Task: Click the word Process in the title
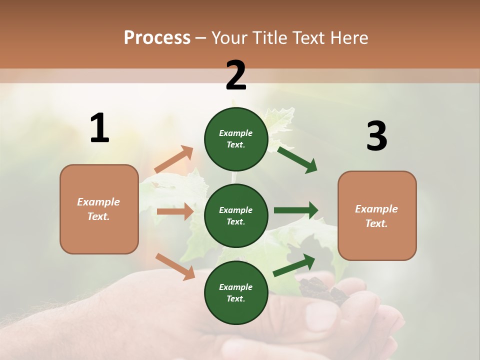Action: click(157, 38)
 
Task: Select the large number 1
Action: click(99, 128)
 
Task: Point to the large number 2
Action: click(236, 75)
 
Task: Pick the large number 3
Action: click(376, 136)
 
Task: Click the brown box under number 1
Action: click(99, 209)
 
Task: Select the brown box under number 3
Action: click(377, 216)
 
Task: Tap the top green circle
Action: click(236, 139)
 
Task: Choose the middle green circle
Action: click(236, 215)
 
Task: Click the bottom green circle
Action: click(236, 292)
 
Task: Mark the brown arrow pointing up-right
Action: click(174, 159)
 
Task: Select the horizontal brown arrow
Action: click(175, 211)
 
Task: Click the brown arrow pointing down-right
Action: click(175, 266)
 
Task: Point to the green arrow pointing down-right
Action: click(297, 159)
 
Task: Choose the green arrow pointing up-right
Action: click(294, 265)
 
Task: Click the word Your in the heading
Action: click(229, 38)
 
